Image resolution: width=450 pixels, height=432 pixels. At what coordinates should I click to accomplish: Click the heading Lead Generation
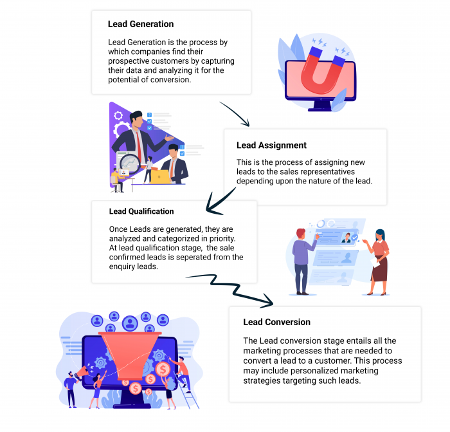point(140,24)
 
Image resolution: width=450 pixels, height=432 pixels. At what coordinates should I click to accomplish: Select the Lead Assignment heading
point(271,146)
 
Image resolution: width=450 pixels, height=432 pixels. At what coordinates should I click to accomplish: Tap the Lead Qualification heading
point(141,211)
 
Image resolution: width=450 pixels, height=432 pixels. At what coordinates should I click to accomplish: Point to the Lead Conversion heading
point(276,322)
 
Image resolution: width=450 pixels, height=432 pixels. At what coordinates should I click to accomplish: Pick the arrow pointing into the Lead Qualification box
point(219,200)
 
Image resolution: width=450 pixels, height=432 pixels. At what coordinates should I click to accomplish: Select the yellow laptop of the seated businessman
point(160,176)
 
